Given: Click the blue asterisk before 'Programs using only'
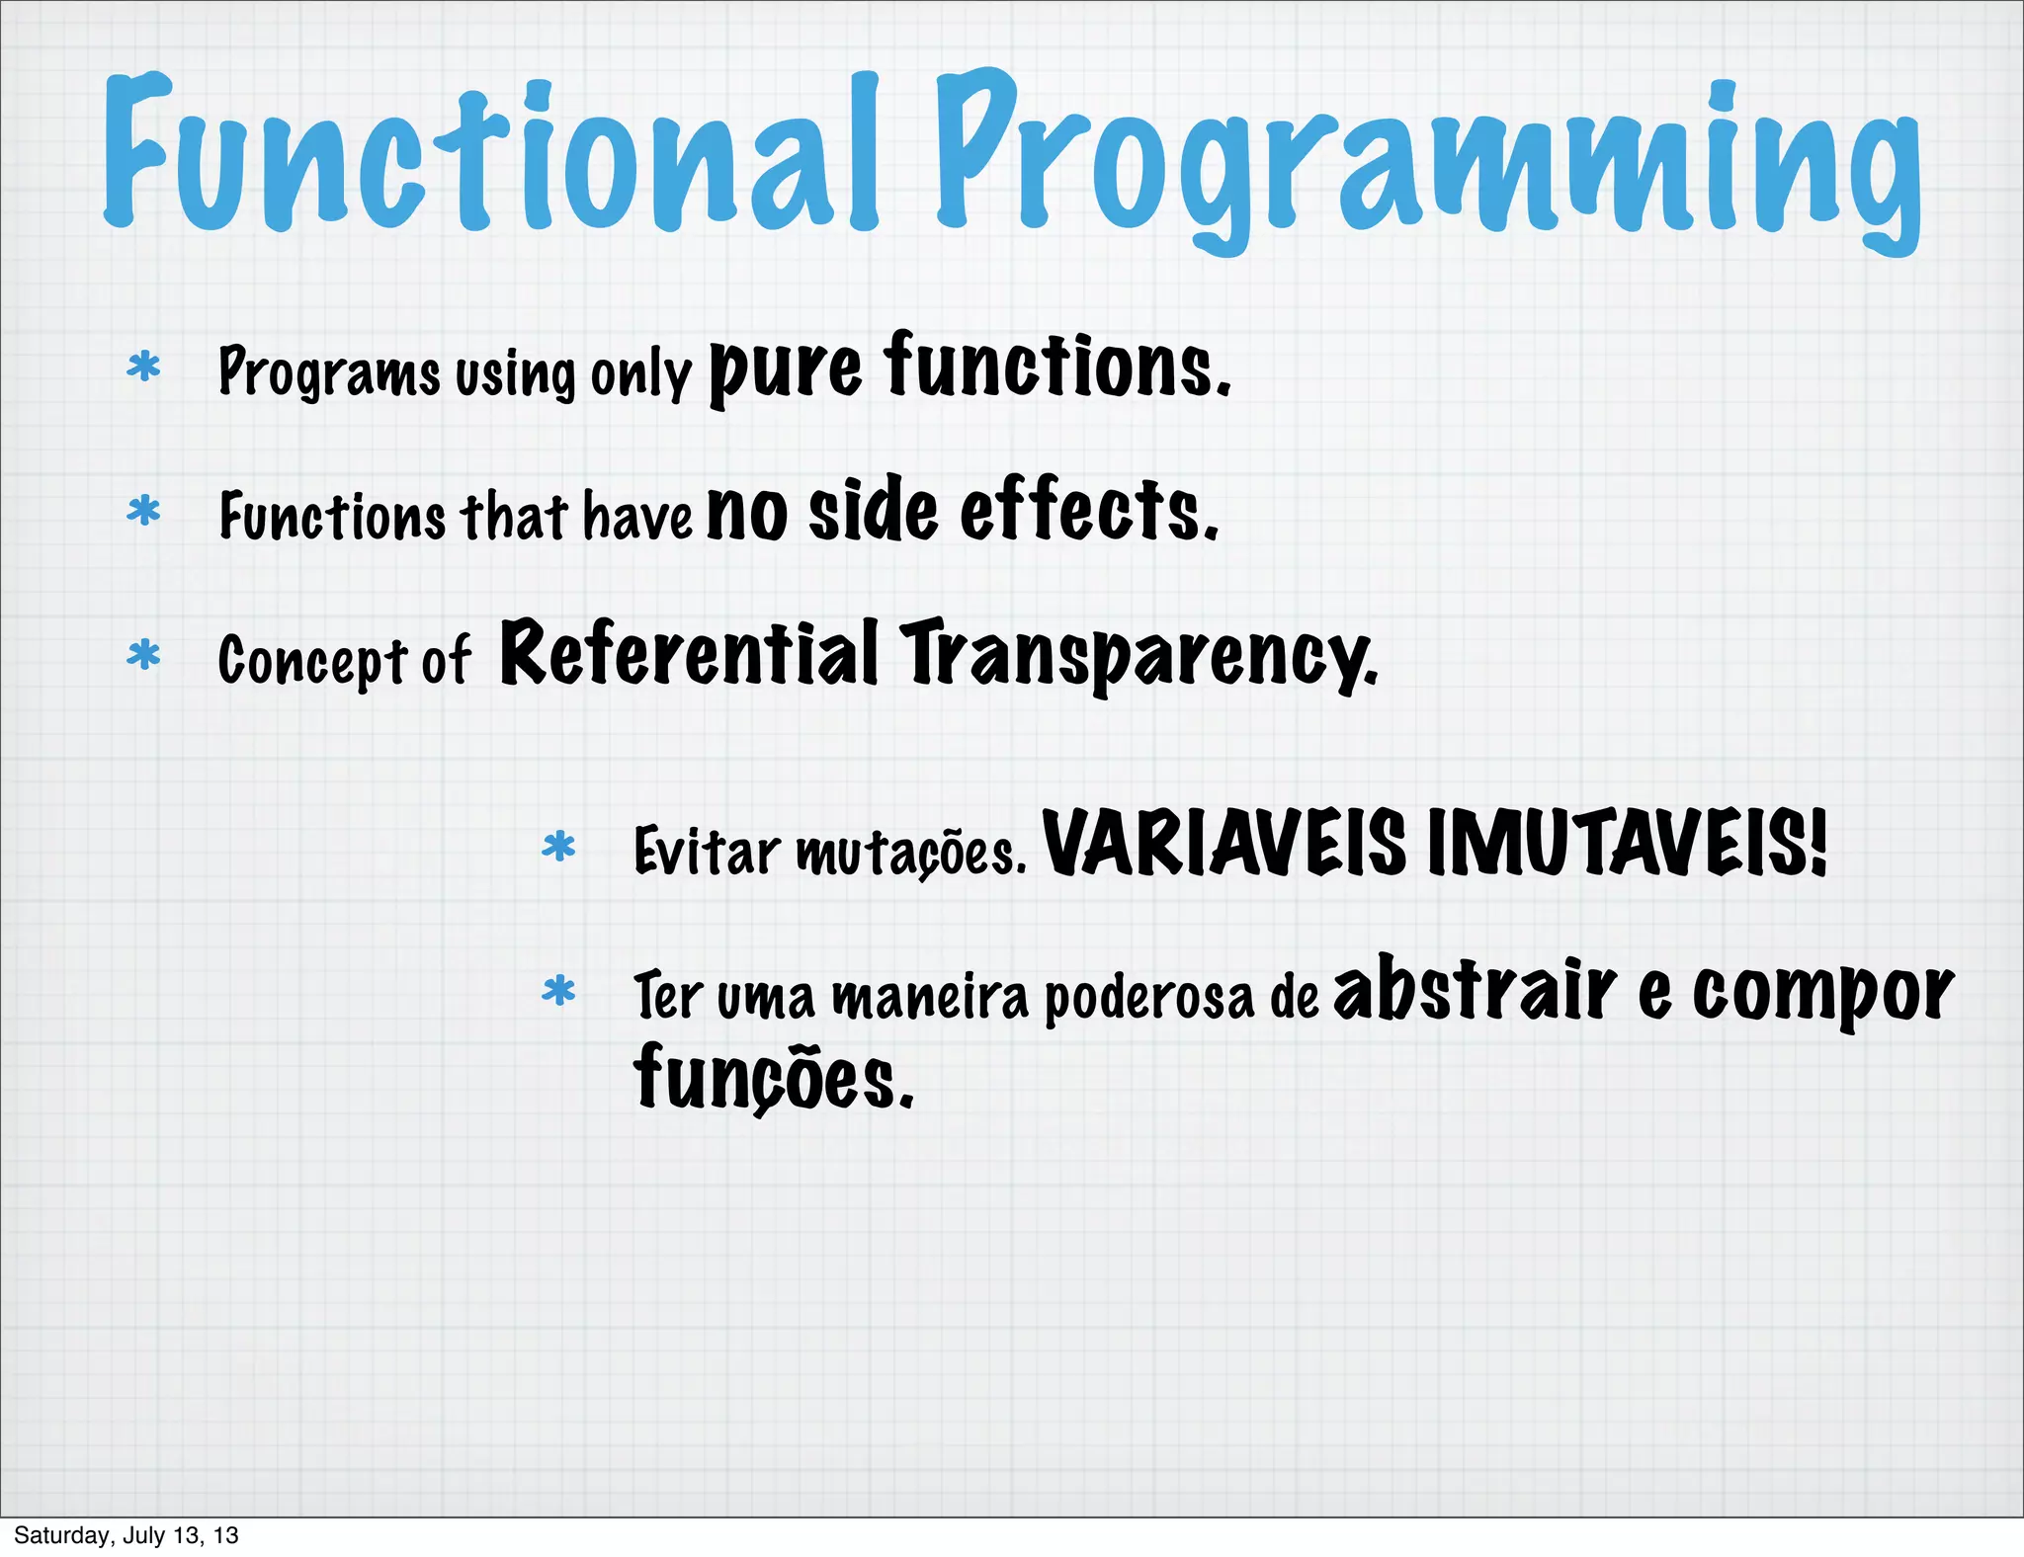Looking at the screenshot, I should [x=144, y=368].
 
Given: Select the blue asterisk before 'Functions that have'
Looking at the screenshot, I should [x=144, y=512].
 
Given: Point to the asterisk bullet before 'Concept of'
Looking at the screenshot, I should [x=144, y=655].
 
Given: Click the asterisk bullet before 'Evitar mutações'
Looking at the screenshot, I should [x=558, y=848].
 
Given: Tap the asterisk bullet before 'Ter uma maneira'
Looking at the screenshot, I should [x=558, y=991].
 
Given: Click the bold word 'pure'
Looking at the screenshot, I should [x=786, y=370].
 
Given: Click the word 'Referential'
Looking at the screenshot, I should [x=689, y=653].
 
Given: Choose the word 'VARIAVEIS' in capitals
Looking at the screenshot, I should [x=1223, y=844].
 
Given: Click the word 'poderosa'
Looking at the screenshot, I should [x=1148, y=998].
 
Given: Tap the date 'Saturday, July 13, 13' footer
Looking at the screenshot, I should [x=126, y=1535].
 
